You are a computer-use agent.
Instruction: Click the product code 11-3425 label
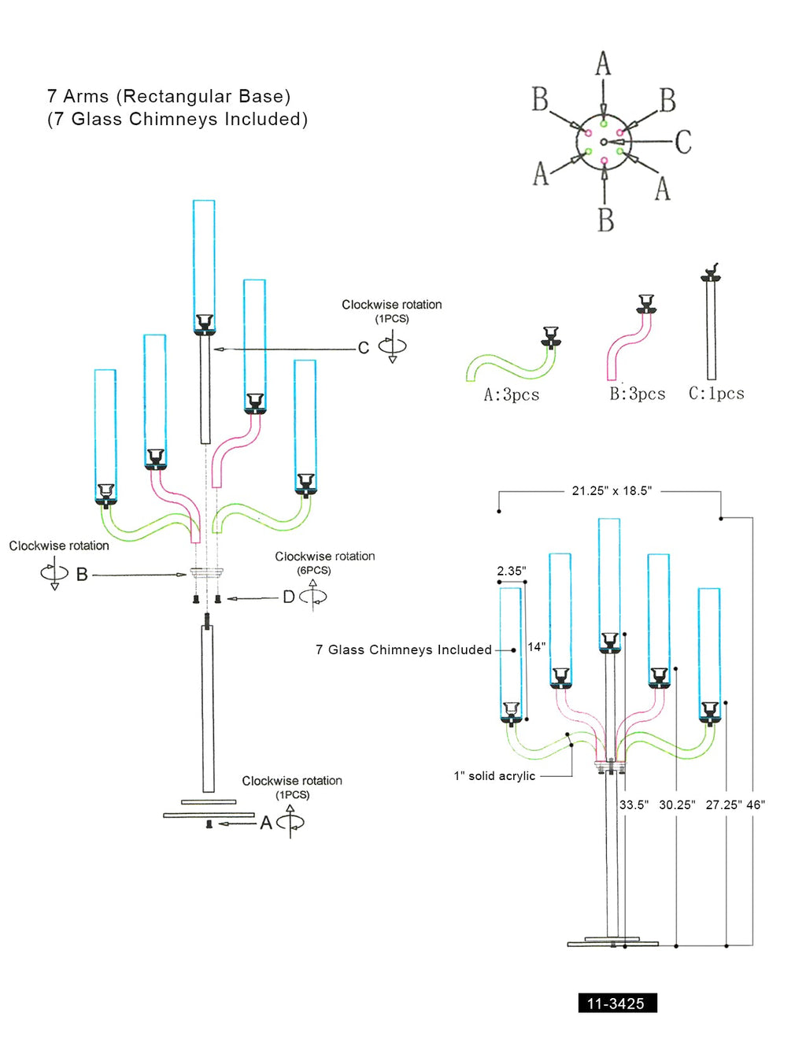pos(616,1003)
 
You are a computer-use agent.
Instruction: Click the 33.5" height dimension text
pos(634,804)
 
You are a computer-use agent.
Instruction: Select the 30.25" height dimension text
pos(677,804)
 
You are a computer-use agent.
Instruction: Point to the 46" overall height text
pos(756,804)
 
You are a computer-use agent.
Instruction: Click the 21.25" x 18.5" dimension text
pos(612,490)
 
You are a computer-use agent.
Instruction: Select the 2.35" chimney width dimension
pos(511,571)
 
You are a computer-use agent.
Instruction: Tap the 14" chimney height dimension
pos(536,646)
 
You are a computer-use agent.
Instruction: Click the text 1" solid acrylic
pos(494,775)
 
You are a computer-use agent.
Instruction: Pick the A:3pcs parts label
pos(512,394)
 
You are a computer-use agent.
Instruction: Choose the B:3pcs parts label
pos(637,394)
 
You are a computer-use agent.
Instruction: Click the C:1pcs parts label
pos(716,393)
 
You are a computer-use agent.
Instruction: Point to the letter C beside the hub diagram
pos(682,142)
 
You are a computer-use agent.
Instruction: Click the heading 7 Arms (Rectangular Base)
pos(168,96)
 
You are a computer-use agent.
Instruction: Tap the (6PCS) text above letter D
pos(313,570)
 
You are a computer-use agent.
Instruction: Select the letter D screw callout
pos(289,597)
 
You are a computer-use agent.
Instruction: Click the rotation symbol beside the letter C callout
pos(392,346)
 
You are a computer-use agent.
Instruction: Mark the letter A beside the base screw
pos(266,823)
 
